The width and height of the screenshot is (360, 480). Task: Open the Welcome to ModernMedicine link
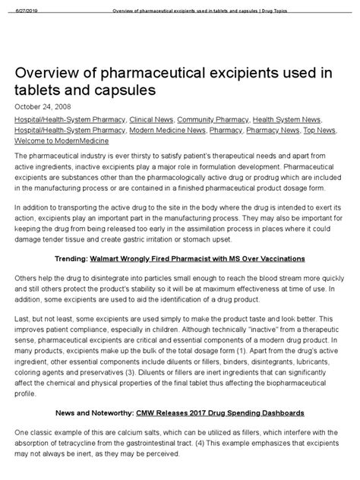pyautogui.click(x=61, y=141)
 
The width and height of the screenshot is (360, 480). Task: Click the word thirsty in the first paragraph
pyautogui.click(x=133, y=156)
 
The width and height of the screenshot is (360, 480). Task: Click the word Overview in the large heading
pyautogui.click(x=51, y=73)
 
